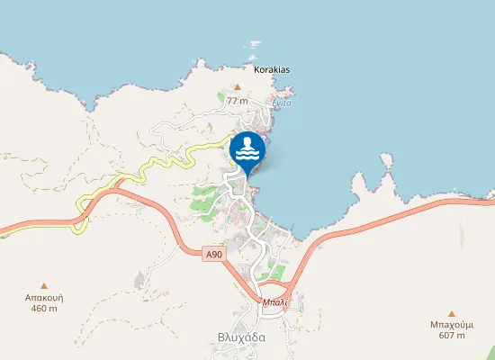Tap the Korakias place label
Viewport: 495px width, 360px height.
click(x=272, y=69)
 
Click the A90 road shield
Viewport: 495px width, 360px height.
click(x=213, y=256)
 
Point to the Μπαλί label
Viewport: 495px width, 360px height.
click(x=274, y=302)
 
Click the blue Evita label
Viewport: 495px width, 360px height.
click(x=282, y=103)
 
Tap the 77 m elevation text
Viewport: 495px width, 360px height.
click(x=238, y=101)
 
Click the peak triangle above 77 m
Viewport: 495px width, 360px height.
click(x=238, y=87)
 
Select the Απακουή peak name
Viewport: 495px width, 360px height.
click(x=44, y=297)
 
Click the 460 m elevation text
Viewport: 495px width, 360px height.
click(x=44, y=309)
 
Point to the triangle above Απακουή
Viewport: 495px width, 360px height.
click(x=44, y=285)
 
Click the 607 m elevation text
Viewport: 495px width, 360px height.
click(x=452, y=336)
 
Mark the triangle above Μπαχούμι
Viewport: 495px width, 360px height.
click(x=452, y=313)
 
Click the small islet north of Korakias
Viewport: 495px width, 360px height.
click(x=254, y=43)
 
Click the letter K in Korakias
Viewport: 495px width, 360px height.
click(x=257, y=69)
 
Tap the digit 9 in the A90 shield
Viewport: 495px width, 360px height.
click(x=213, y=256)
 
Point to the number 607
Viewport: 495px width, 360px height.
click(x=447, y=336)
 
